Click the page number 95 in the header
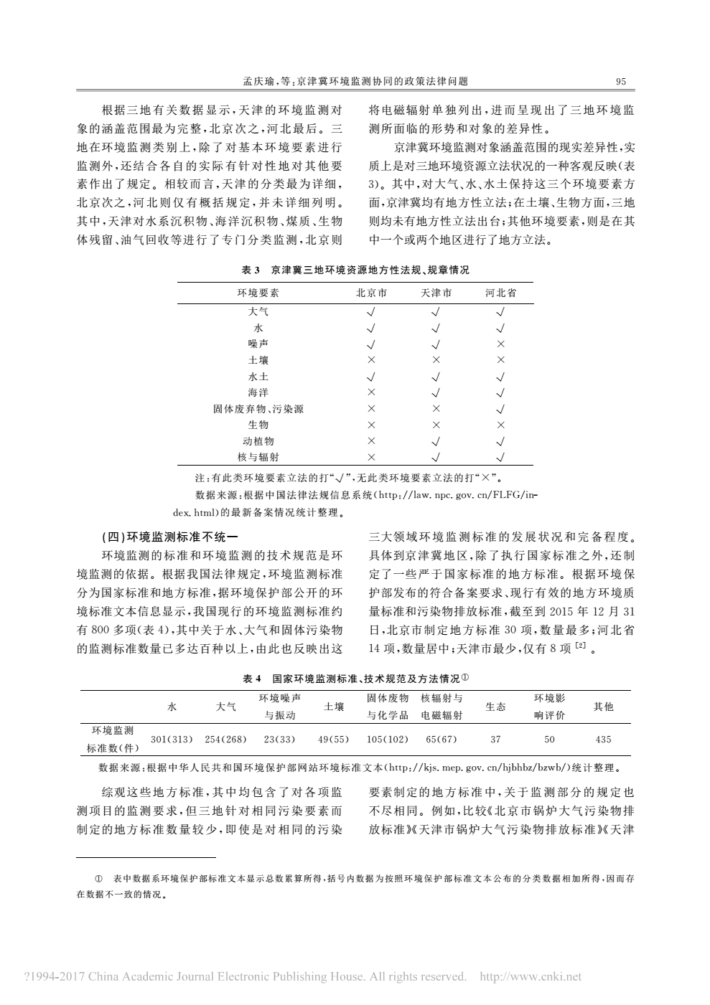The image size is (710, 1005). click(x=621, y=82)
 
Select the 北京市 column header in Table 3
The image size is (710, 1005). click(x=371, y=293)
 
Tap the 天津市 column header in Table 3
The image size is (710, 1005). click(x=436, y=293)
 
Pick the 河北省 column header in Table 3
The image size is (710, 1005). click(x=500, y=293)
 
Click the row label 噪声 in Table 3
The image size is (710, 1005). click(x=258, y=344)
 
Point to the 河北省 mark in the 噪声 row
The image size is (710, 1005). click(x=500, y=344)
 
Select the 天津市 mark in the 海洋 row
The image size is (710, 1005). click(x=436, y=392)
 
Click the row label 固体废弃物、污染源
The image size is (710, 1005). click(x=258, y=409)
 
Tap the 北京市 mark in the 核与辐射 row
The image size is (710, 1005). click(x=371, y=457)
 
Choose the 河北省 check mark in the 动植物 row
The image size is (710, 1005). click(x=500, y=441)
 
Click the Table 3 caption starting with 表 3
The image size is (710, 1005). click(x=355, y=270)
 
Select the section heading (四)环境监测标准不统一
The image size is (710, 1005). click(x=169, y=536)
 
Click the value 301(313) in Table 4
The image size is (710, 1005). click(x=172, y=739)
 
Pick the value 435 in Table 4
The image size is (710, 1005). click(x=603, y=739)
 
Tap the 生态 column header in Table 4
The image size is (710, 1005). click(x=495, y=707)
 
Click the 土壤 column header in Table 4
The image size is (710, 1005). click(x=334, y=707)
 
